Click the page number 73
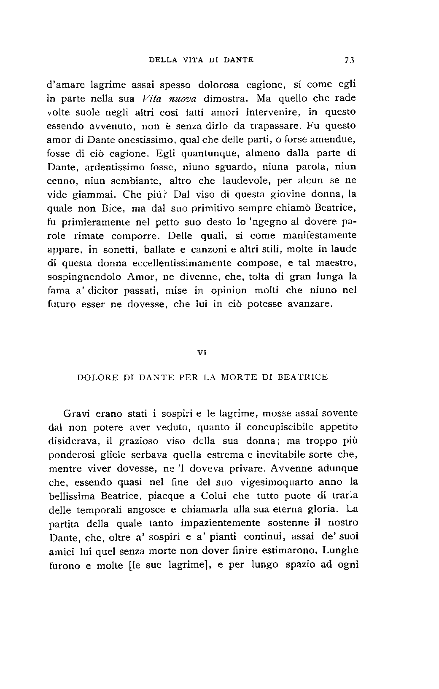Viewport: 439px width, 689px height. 350,60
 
